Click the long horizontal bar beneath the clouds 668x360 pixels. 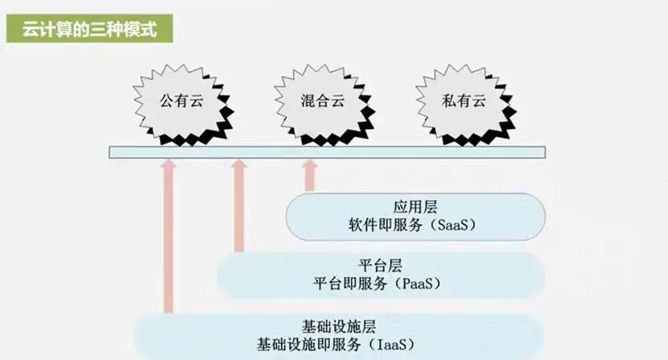[x=327, y=151]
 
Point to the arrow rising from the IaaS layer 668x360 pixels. [x=168, y=234]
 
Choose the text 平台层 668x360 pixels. [x=375, y=264]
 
